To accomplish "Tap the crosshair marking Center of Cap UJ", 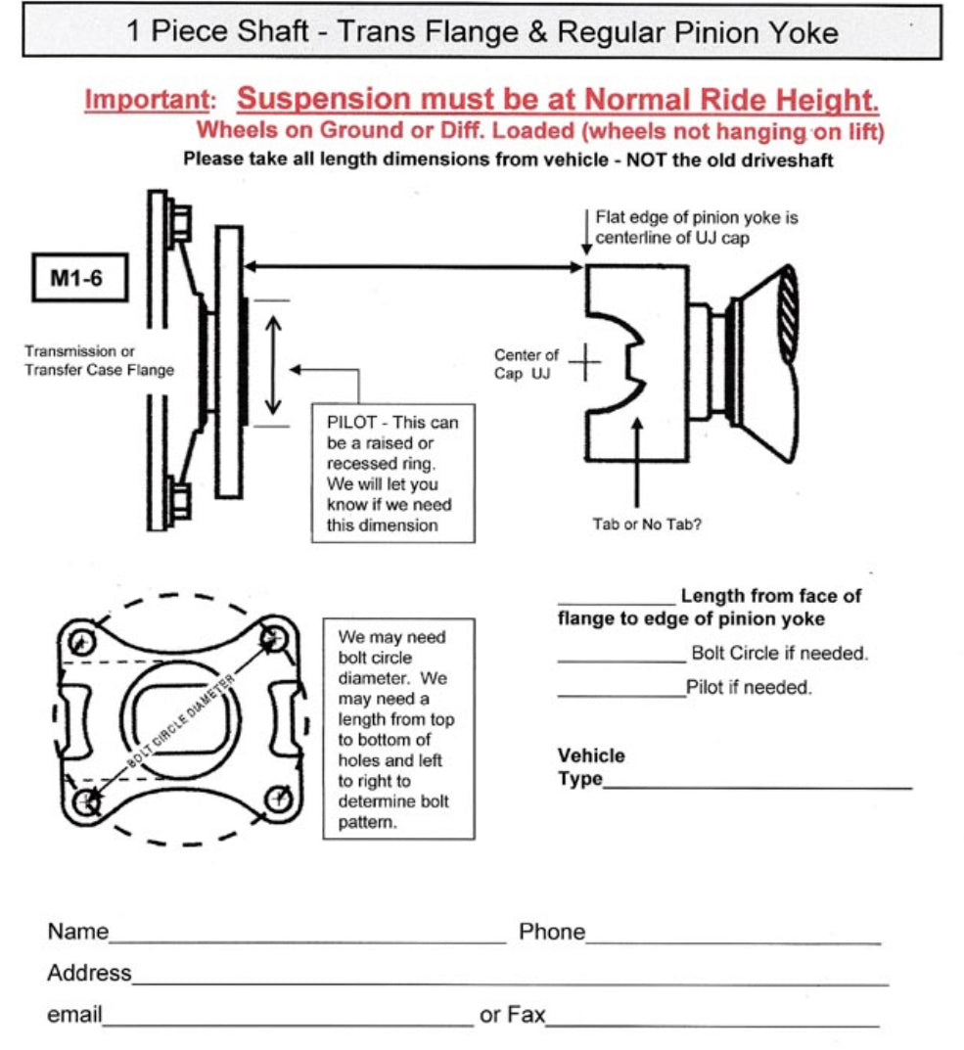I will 585,364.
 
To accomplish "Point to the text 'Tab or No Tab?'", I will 647,524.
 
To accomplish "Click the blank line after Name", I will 306,941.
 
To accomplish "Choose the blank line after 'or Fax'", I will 712,1024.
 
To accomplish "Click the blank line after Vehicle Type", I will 757,787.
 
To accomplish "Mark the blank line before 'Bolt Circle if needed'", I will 620,662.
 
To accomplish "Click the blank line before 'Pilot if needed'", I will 620,696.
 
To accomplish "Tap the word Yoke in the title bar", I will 801,32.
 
